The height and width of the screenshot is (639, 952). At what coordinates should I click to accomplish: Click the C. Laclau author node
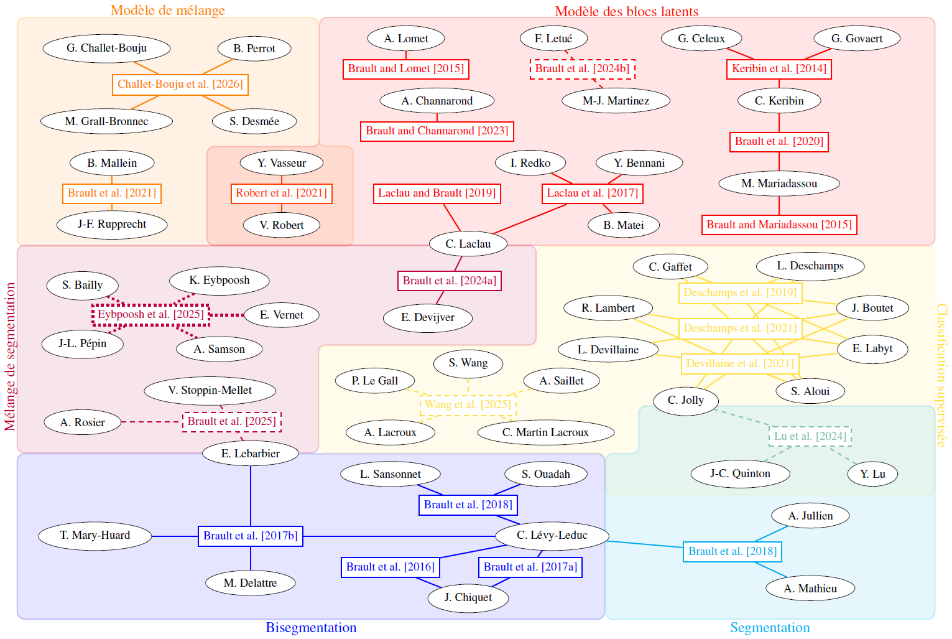[468, 244]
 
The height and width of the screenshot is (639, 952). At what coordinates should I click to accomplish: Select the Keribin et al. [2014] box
[779, 68]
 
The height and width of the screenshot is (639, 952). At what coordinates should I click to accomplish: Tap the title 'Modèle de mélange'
[168, 11]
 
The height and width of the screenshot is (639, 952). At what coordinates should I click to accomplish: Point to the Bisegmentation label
[311, 627]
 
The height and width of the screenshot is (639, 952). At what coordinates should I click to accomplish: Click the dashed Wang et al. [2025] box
[468, 404]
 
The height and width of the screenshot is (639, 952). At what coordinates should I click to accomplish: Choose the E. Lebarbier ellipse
[250, 454]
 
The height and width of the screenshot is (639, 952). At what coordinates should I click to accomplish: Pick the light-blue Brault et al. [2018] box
[732, 551]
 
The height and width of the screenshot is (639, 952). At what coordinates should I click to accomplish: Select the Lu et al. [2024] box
[810, 436]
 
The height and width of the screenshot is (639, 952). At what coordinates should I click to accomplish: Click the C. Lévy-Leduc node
[552, 535]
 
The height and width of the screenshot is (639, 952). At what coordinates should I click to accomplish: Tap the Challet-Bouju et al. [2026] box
[180, 84]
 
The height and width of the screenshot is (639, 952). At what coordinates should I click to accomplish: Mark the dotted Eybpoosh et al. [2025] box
[150, 314]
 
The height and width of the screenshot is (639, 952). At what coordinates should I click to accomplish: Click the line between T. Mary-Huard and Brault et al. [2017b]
[175, 536]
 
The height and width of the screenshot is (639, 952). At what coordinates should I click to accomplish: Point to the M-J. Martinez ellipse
[616, 101]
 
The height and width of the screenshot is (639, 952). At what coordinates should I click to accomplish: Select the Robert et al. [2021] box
[281, 193]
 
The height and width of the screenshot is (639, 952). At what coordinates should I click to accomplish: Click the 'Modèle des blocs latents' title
[626, 11]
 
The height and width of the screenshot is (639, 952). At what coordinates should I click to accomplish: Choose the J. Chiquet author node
[468, 597]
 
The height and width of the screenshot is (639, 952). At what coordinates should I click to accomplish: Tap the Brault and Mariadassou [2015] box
[779, 225]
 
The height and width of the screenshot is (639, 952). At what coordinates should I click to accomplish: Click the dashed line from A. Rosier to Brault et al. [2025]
[152, 422]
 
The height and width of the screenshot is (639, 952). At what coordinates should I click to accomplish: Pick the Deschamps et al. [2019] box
[739, 292]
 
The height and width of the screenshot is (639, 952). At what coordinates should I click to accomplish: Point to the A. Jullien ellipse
[810, 516]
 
